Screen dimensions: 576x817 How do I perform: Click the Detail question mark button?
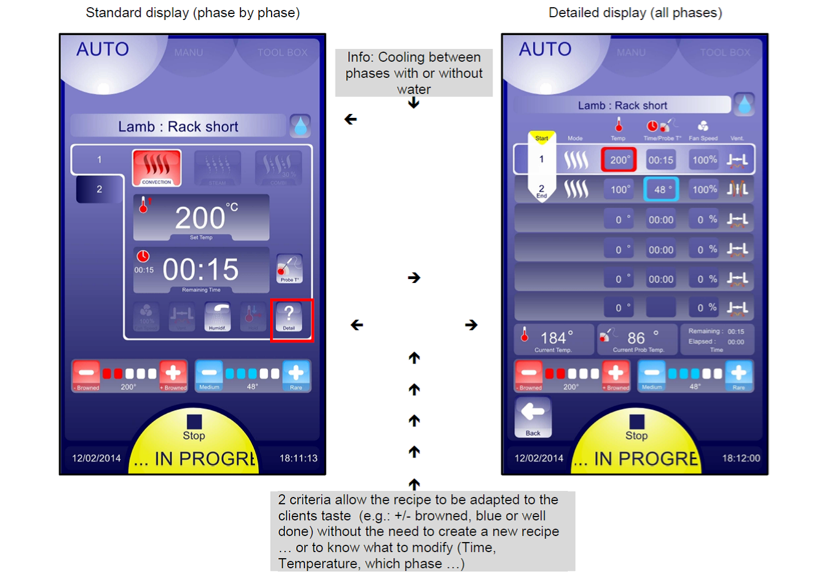pyautogui.click(x=289, y=317)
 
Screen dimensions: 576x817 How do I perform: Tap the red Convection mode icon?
pyautogui.click(x=157, y=167)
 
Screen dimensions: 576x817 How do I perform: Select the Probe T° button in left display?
pyautogui.click(x=289, y=269)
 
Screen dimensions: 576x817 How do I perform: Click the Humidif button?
pyautogui.click(x=217, y=317)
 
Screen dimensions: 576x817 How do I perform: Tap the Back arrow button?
pyautogui.click(x=533, y=416)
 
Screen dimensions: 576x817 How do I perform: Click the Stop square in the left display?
pyautogui.click(x=194, y=421)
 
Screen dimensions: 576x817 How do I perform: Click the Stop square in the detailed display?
pyautogui.click(x=636, y=421)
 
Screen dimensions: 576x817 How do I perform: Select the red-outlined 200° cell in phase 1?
pyautogui.click(x=619, y=160)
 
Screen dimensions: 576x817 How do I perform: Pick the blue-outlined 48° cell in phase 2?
pyautogui.click(x=661, y=190)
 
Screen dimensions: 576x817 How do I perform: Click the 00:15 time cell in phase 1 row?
pyautogui.click(x=661, y=160)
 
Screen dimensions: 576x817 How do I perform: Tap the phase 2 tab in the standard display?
pyautogui.click(x=99, y=189)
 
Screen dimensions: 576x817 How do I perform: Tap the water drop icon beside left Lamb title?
pyautogui.click(x=300, y=126)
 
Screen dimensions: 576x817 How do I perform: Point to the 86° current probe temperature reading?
pyautogui.click(x=636, y=338)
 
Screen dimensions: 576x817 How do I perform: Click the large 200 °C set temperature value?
pyautogui.click(x=201, y=217)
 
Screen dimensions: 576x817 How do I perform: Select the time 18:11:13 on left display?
pyautogui.click(x=298, y=458)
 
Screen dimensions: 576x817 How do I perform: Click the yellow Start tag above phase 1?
pyautogui.click(x=542, y=138)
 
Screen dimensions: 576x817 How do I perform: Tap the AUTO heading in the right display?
pyautogui.click(x=545, y=49)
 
